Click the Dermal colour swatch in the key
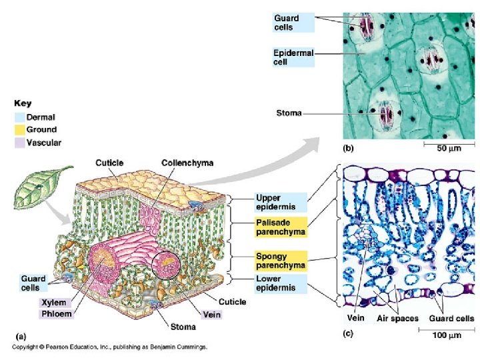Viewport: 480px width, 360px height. (19, 117)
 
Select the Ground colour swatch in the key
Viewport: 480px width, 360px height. (19, 129)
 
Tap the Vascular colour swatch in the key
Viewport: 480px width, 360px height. (19, 142)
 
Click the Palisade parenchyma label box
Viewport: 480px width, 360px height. (281, 227)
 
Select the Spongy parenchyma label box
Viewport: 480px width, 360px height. (281, 260)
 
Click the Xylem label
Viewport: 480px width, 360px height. (53, 302)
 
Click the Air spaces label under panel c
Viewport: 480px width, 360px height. (394, 319)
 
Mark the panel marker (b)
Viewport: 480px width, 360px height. (349, 148)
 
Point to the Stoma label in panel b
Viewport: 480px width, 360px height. (289, 113)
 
